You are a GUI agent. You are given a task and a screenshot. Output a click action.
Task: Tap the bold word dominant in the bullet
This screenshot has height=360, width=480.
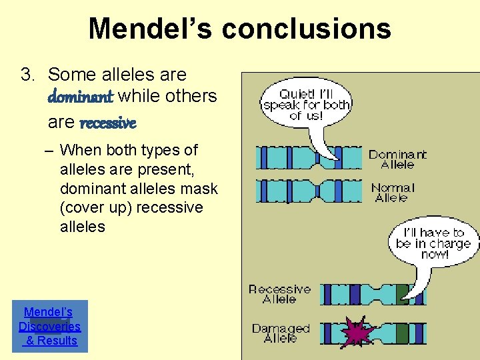pos(81,97)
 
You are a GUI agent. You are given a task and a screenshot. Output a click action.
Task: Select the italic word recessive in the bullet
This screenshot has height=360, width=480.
pos(108,123)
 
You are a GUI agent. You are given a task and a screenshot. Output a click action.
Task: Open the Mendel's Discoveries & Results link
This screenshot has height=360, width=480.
pos(49,326)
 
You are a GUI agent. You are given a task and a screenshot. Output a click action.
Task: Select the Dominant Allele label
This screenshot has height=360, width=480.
pos(397,159)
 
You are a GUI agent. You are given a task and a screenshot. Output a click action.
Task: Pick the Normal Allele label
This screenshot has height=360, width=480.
pos(393,193)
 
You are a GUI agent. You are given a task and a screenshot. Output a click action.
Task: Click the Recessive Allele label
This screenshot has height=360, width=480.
pos(279,294)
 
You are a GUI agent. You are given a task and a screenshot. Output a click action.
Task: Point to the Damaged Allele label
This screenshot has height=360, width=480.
pos(281,333)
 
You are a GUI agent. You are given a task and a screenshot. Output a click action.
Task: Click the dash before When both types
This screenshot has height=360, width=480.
pos(50,151)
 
